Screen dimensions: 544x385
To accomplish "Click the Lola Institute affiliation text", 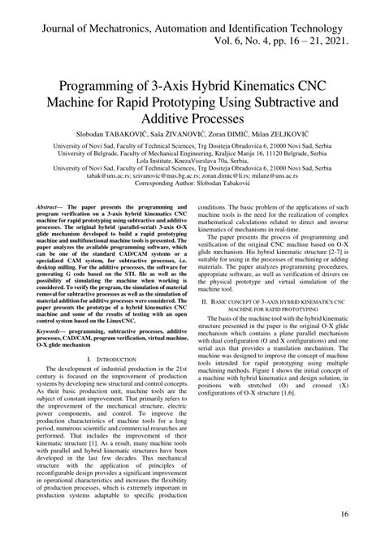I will (x=192, y=161).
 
